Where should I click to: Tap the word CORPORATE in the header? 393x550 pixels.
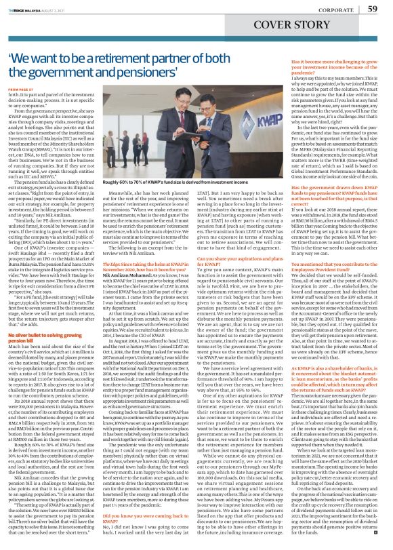329,9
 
